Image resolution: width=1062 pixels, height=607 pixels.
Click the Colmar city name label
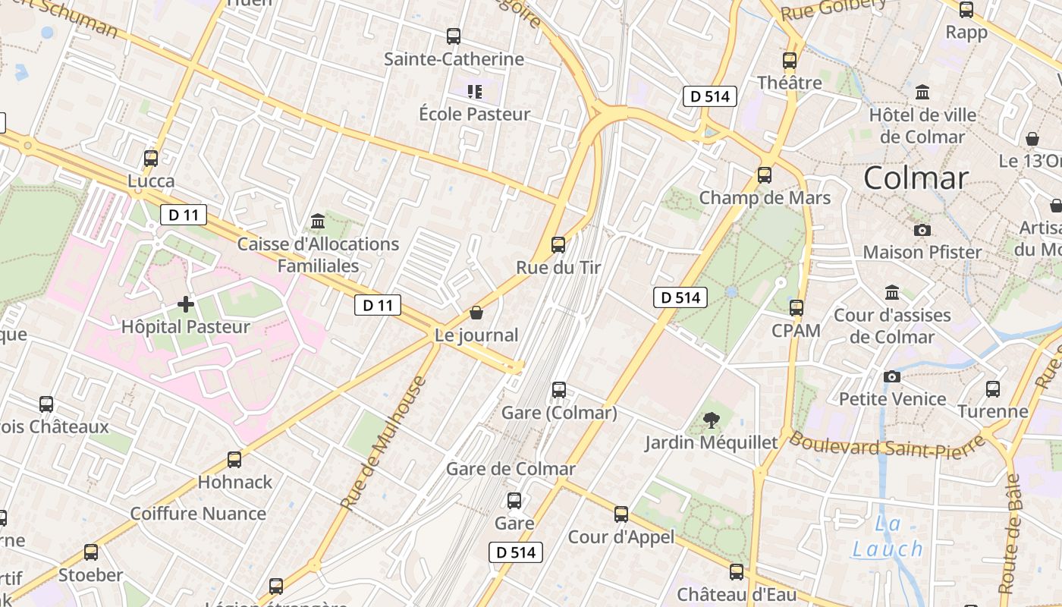916,178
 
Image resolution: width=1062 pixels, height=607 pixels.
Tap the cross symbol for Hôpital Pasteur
186,304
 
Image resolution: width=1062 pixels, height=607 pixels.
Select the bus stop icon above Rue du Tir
558,245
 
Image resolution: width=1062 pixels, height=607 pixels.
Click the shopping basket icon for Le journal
476,313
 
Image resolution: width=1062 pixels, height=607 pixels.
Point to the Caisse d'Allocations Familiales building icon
318,222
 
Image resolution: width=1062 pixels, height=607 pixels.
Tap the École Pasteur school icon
475,92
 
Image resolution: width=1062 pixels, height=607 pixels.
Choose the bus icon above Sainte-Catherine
454,36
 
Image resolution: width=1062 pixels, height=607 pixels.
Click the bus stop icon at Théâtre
790,61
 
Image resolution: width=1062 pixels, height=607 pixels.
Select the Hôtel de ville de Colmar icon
922,93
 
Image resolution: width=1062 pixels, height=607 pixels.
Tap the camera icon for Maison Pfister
922,230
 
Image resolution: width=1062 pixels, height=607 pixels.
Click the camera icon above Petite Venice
892,376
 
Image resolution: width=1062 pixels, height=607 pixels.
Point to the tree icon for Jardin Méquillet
712,420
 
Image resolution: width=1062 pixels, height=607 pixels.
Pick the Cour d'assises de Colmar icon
892,292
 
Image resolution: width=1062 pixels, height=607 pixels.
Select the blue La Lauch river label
888,536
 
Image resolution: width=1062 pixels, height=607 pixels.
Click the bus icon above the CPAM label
796,308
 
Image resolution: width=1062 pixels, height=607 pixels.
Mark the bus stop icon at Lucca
151,159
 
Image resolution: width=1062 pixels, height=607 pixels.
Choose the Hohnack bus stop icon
234,460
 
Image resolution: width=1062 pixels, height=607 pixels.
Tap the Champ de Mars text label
765,198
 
